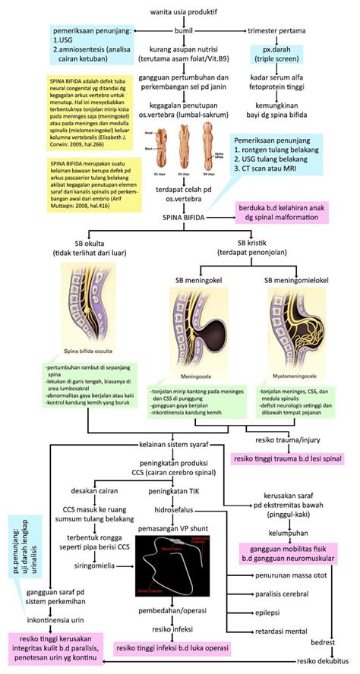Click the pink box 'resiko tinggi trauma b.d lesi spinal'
(286, 458)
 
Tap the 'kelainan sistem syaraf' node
(179, 444)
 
